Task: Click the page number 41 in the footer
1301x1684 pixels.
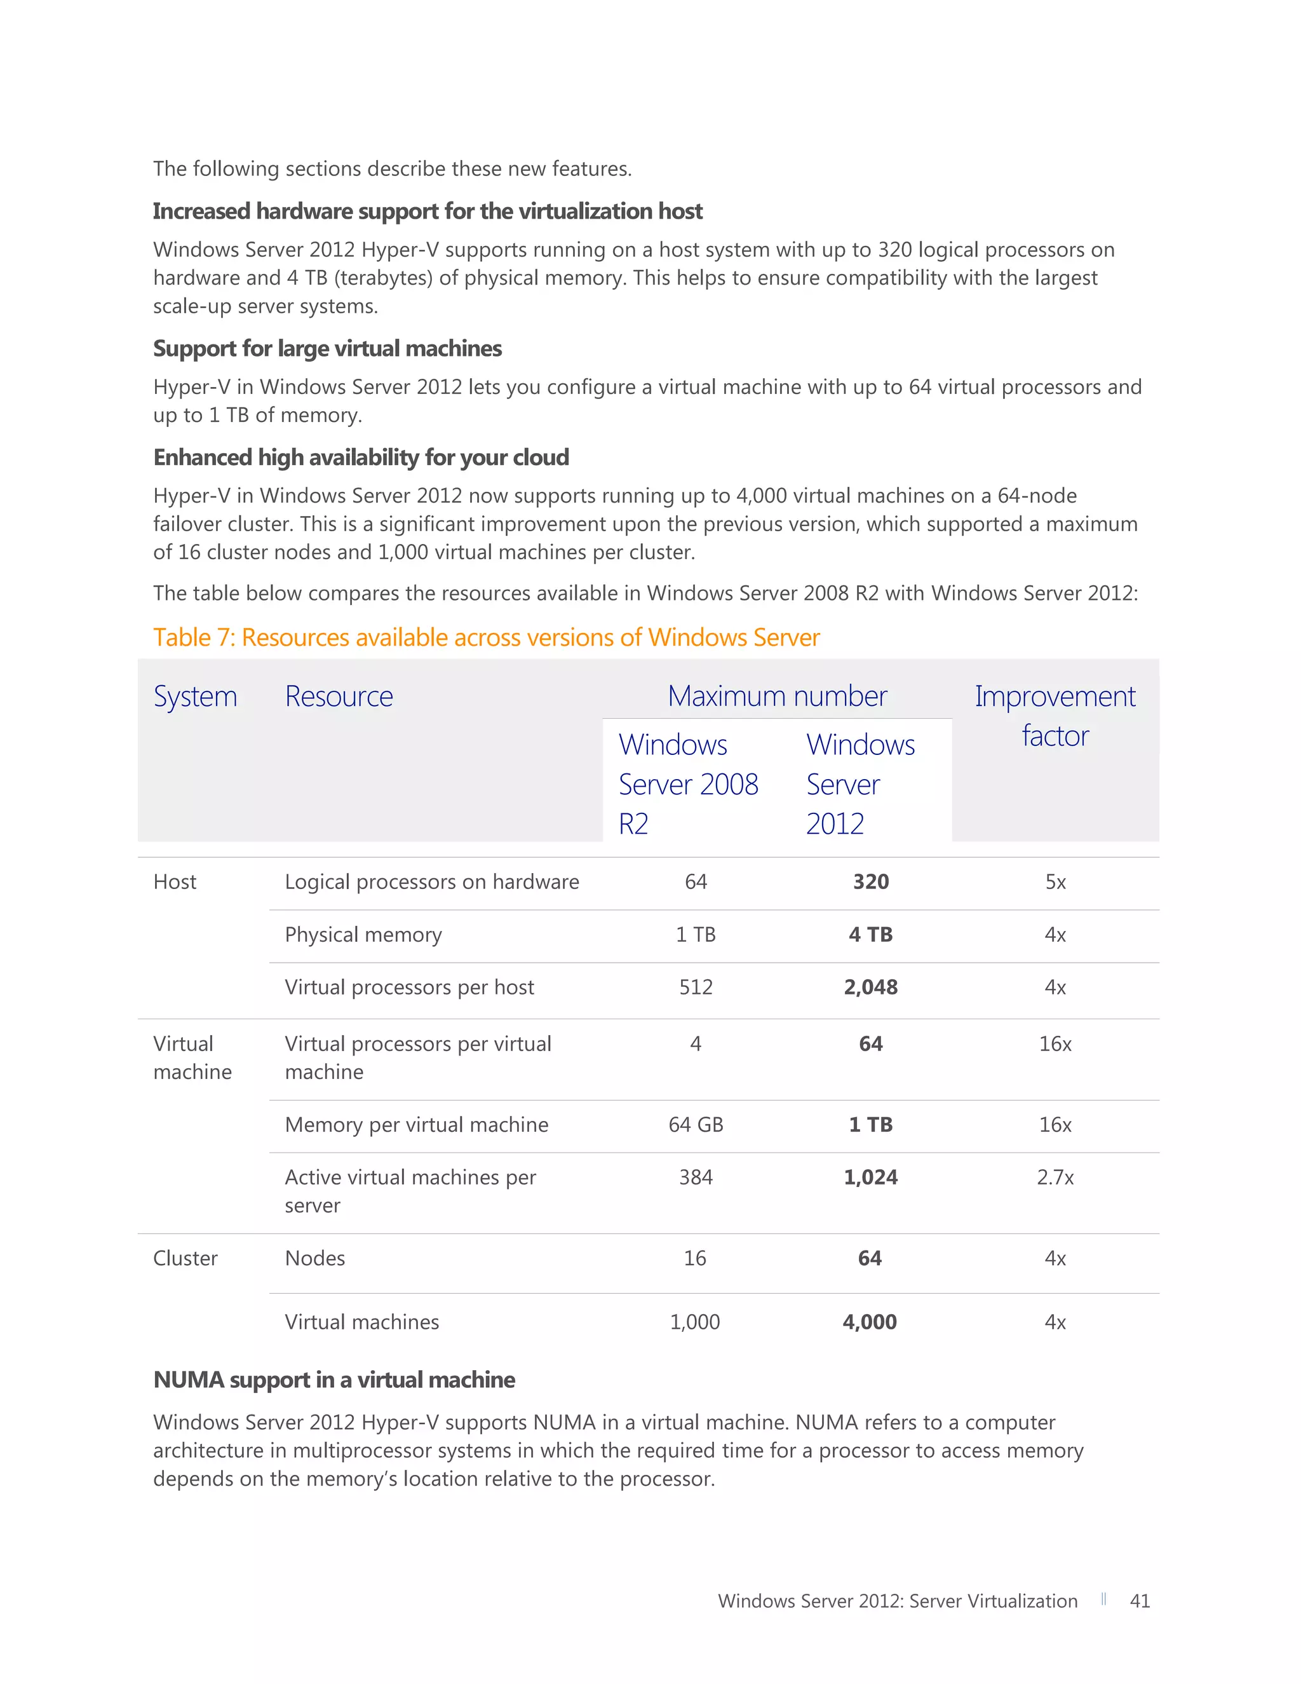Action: click(x=1139, y=1601)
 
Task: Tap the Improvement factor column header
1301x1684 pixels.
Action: click(x=1055, y=716)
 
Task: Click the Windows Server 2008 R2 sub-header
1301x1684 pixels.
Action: click(x=687, y=784)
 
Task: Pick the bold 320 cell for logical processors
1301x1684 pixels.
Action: click(x=870, y=881)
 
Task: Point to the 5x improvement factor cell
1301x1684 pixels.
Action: click(x=1055, y=881)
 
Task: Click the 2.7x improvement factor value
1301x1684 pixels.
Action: click(x=1055, y=1177)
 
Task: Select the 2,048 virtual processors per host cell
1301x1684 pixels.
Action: click(x=870, y=987)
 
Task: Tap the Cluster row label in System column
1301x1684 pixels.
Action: click(x=185, y=1258)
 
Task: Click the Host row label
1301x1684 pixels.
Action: click(x=175, y=881)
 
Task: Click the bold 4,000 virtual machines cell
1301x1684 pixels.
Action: click(x=870, y=1322)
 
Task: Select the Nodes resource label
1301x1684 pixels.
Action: click(x=314, y=1258)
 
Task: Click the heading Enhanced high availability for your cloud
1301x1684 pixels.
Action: click(x=361, y=458)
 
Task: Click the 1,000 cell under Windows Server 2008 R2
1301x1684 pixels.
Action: click(x=694, y=1322)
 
